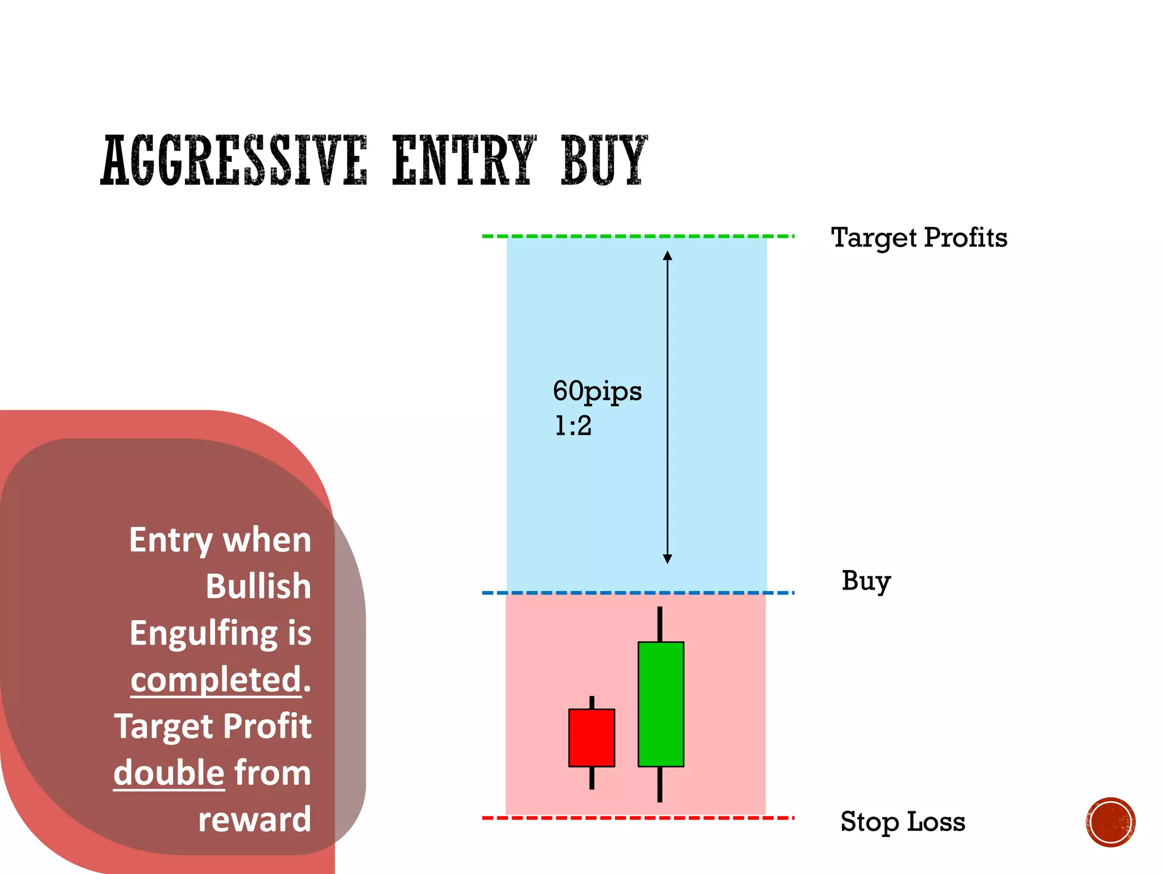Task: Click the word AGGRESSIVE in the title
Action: coord(234,160)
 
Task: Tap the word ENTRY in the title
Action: coord(464,160)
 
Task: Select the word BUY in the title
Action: coord(604,160)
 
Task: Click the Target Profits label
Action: coord(919,238)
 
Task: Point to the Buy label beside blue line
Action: coord(866,582)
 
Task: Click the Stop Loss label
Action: coord(903,822)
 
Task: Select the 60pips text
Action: coord(597,391)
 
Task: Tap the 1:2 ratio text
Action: coord(573,426)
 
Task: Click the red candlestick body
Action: coord(592,737)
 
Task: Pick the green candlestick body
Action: coord(660,704)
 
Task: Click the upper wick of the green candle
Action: coord(660,624)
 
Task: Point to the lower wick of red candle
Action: coord(592,778)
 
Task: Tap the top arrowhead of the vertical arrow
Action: coord(668,255)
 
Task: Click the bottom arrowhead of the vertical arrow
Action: coord(668,559)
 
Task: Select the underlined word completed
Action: coord(216,679)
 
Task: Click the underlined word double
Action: coord(169,773)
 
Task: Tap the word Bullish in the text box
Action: coord(258,586)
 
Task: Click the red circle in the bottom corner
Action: coord(1110,822)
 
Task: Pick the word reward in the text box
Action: coord(254,819)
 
